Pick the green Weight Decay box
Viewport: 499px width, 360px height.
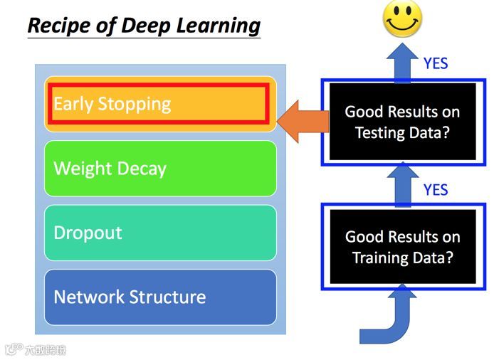[x=159, y=169]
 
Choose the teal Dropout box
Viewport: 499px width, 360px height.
[x=159, y=233]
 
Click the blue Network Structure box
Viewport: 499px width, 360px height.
[x=159, y=297]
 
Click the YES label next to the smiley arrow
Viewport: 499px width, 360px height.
[x=436, y=63]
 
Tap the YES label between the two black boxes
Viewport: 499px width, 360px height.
[x=436, y=190]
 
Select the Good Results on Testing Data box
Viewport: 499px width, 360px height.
[x=402, y=122]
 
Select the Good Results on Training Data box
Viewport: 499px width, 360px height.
[x=402, y=247]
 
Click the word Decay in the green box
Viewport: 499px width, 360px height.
[x=140, y=169]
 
